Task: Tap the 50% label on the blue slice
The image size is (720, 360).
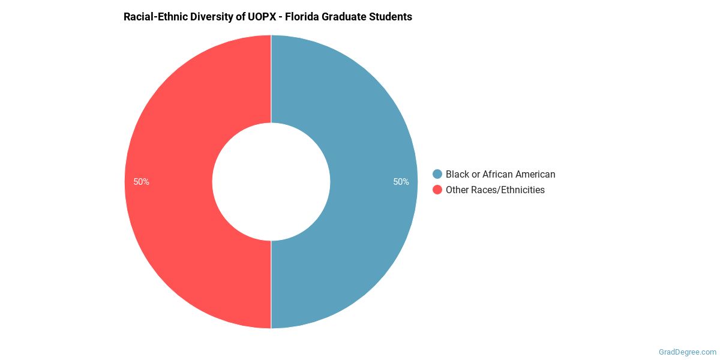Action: [401, 182]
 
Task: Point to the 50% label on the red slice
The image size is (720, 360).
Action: [142, 182]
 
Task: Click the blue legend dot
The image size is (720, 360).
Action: [437, 174]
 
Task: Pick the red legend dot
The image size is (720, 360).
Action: [437, 190]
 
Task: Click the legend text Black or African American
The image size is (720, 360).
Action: [500, 174]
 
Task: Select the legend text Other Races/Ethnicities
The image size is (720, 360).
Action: [495, 190]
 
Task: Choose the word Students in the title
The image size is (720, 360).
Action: [392, 17]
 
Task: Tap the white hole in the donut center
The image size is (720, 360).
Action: [271, 182]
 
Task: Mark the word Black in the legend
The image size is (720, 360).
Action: [457, 174]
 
